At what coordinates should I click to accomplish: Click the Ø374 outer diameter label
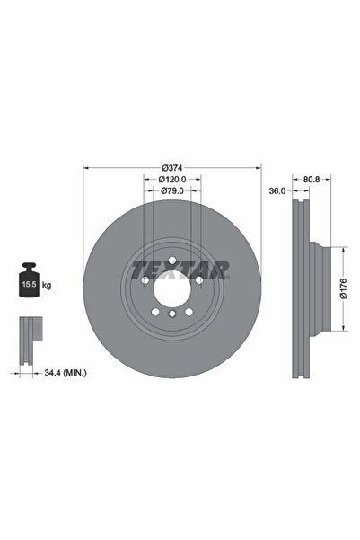[172, 167]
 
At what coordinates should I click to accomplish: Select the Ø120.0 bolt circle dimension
[173, 179]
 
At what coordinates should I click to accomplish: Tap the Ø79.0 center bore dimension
[172, 190]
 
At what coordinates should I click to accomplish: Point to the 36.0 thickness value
[277, 190]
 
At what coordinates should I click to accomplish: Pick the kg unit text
[47, 285]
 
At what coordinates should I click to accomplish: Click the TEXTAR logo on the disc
[180, 269]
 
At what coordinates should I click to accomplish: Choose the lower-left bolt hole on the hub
[155, 313]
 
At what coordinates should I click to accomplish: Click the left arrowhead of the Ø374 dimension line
[85, 167]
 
